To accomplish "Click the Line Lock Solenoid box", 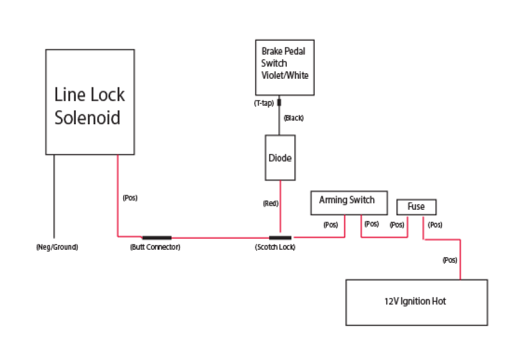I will pyautogui.click(x=89, y=102).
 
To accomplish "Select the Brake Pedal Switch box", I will pyautogui.click(x=284, y=68).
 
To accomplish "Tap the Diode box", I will pyautogui.click(x=280, y=158).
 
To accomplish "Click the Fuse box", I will pyautogui.click(x=416, y=207).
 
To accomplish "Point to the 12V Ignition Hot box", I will pyautogui.click(x=416, y=302).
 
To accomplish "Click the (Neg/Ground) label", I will pyautogui.click(x=57, y=247).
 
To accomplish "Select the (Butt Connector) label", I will pyautogui.click(x=155, y=247).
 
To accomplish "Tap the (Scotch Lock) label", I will pyautogui.click(x=275, y=247).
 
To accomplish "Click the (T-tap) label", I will pyautogui.click(x=263, y=103).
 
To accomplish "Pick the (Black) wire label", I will pyautogui.click(x=294, y=118).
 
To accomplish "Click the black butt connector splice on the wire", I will pyautogui.click(x=156, y=237).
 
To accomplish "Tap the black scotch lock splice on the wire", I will pyautogui.click(x=280, y=237).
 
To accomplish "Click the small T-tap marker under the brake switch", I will pyautogui.click(x=279, y=103).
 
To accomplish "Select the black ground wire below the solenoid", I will pyautogui.click(x=54, y=197).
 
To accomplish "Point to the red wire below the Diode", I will pyautogui.click(x=281, y=209).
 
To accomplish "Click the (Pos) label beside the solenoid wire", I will pyautogui.click(x=130, y=198).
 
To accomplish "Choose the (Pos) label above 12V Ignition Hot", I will pyautogui.click(x=449, y=260).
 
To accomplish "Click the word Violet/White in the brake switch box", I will pyautogui.click(x=284, y=76).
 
